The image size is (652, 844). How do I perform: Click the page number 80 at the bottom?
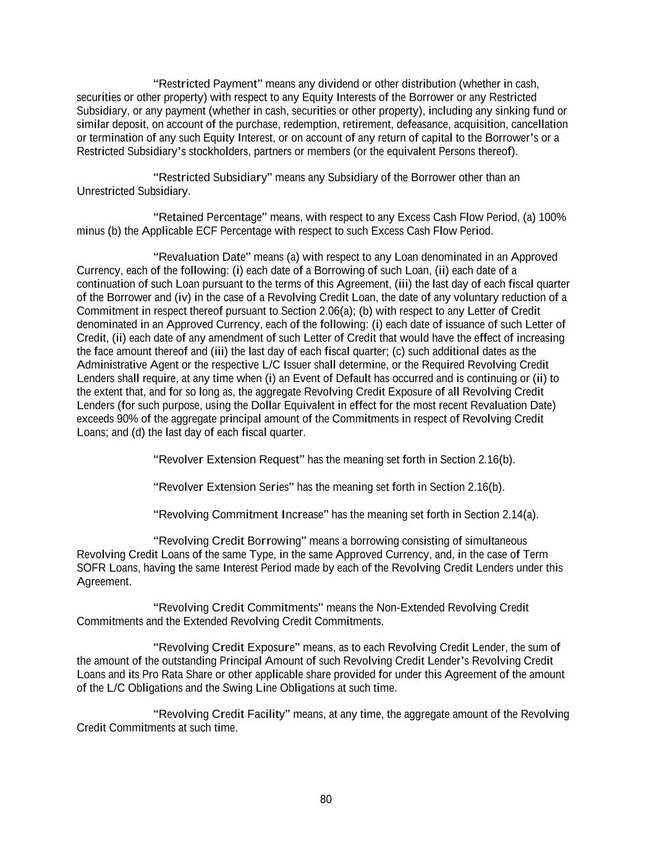click(x=326, y=799)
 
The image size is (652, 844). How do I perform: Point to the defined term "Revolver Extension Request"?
click(x=229, y=460)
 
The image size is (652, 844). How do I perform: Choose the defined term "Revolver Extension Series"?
click(x=223, y=487)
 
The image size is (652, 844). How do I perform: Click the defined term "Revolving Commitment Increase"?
click(x=240, y=514)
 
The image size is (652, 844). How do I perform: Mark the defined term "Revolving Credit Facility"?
click(x=221, y=715)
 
